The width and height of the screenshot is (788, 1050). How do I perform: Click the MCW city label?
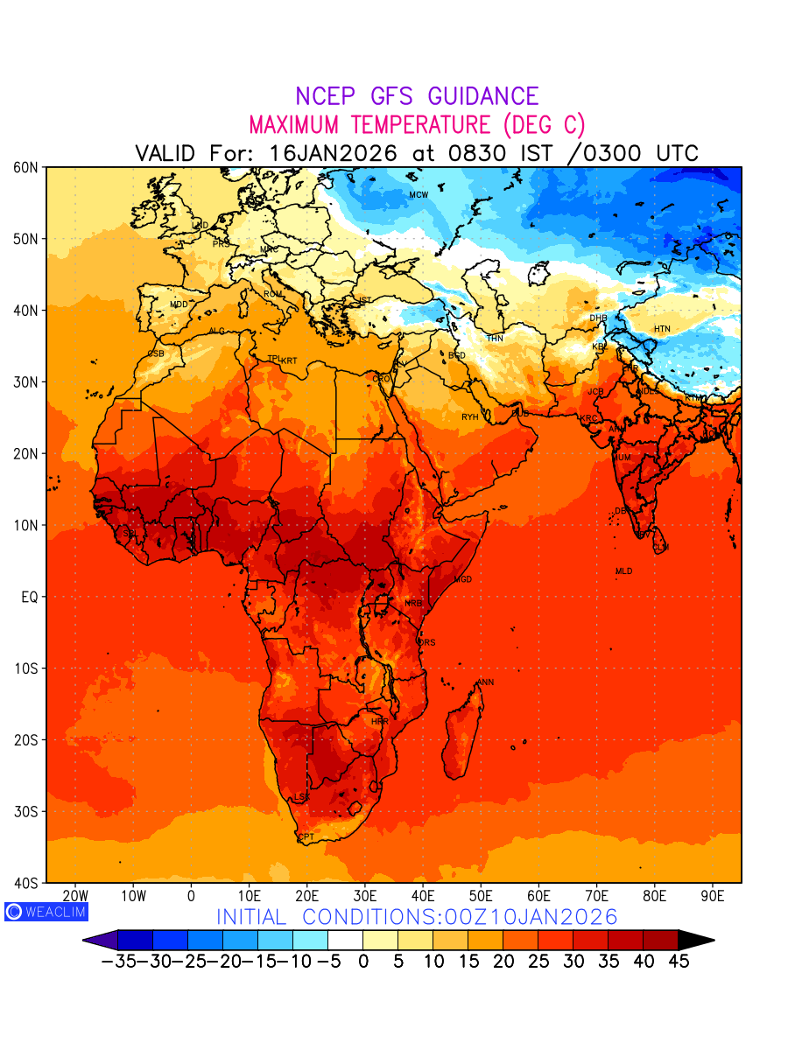tap(419, 194)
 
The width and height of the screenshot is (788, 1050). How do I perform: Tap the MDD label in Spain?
tap(179, 304)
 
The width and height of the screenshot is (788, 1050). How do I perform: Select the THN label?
tap(495, 338)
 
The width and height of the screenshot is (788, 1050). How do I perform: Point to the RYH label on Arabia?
tap(470, 417)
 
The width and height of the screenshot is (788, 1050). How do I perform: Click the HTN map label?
tap(662, 329)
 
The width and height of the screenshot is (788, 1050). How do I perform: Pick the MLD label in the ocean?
tap(623, 571)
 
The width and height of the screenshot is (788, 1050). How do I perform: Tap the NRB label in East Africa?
tap(413, 603)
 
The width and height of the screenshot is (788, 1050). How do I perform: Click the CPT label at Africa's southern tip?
tap(306, 837)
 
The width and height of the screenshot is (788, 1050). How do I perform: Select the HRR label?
tap(379, 722)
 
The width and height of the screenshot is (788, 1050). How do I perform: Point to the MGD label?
tap(463, 580)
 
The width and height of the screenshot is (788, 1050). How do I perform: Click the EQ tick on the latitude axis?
tap(29, 597)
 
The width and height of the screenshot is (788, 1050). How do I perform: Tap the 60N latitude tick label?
tap(25, 167)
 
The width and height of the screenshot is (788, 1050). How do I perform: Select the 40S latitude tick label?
tap(25, 883)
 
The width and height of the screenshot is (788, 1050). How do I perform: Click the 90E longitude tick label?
tap(713, 896)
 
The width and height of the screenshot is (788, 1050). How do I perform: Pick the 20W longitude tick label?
tap(76, 896)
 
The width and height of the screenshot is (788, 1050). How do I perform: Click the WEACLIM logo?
tap(46, 911)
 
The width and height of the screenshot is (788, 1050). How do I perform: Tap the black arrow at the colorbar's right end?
tap(696, 940)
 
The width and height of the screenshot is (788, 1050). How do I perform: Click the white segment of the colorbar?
tap(345, 940)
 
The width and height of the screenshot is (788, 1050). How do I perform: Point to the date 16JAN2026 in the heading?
tap(334, 153)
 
